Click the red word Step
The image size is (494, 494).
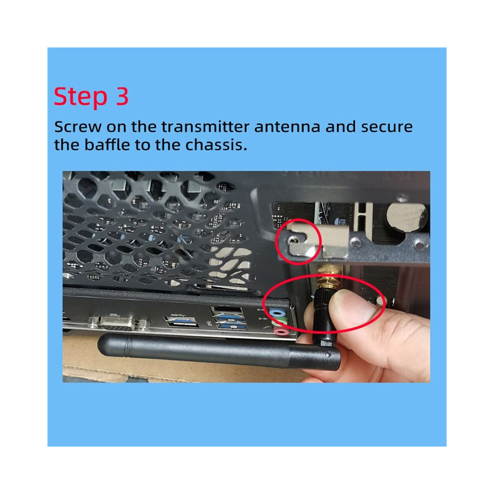[80, 97]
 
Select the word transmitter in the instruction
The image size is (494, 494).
[205, 127]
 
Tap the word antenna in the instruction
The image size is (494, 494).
[287, 127]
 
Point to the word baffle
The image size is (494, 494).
[107, 145]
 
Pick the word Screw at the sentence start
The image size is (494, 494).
[78, 127]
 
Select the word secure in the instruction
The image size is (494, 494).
[387, 127]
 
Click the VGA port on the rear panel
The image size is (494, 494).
[118, 323]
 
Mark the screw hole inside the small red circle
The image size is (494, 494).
[293, 241]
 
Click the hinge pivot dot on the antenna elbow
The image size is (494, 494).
[329, 355]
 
